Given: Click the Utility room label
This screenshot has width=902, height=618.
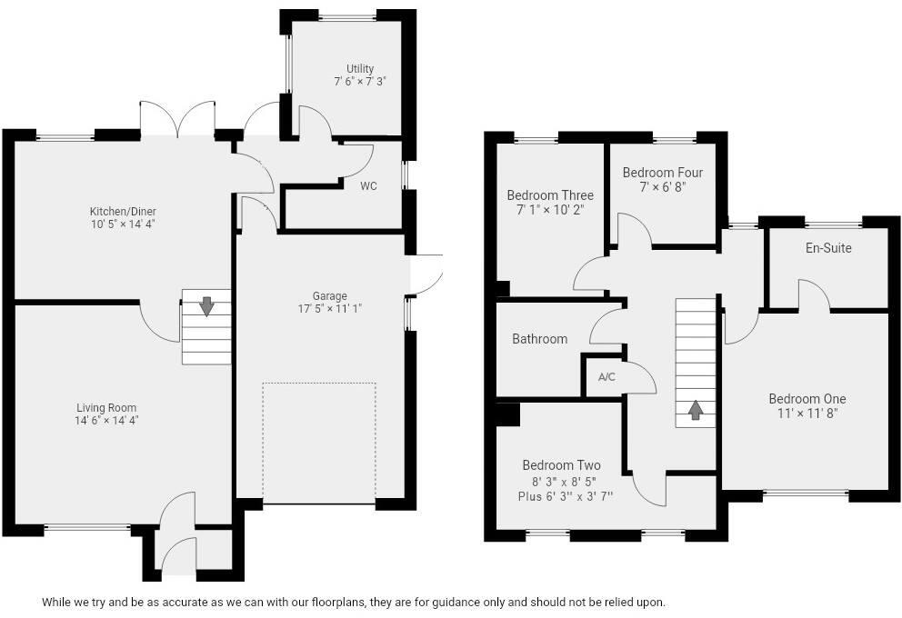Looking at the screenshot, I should coord(359,69).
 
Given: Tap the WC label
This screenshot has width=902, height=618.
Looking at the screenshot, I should coord(368,186).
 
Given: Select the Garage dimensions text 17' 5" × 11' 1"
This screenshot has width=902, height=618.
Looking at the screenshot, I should coord(330,308).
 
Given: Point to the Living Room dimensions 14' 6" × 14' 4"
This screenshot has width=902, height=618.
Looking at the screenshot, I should coord(106,420).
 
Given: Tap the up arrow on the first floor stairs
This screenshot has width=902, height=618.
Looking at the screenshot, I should coord(696,410).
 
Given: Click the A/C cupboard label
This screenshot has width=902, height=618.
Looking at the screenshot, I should coord(606,376).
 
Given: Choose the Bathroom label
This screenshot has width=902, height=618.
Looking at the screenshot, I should coord(539,339).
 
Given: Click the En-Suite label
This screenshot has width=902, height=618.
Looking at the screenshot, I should coord(828,247).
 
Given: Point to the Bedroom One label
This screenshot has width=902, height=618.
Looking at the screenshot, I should coord(807,399).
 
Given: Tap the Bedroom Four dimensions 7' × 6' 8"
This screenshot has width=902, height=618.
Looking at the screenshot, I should coord(662,186).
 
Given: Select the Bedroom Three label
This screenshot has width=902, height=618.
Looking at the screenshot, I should coord(550,195).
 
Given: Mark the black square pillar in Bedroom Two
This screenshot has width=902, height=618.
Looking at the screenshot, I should coord(508,414).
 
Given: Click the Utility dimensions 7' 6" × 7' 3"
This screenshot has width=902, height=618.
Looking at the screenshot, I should coord(359,81).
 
